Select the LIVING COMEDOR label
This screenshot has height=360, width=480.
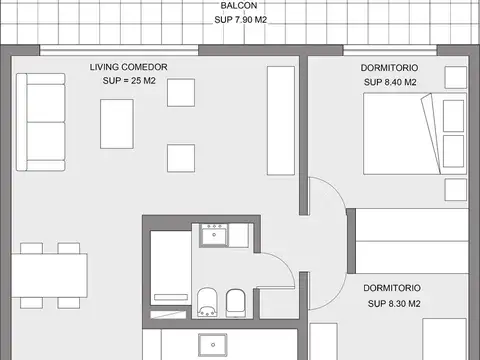[129, 67]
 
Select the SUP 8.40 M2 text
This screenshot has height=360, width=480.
[389, 83]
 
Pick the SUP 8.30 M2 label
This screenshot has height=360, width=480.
[393, 303]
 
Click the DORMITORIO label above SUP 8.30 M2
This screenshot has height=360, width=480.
[391, 286]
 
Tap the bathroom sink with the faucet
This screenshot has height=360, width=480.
[212, 235]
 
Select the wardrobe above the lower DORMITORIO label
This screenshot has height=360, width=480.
[412, 240]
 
